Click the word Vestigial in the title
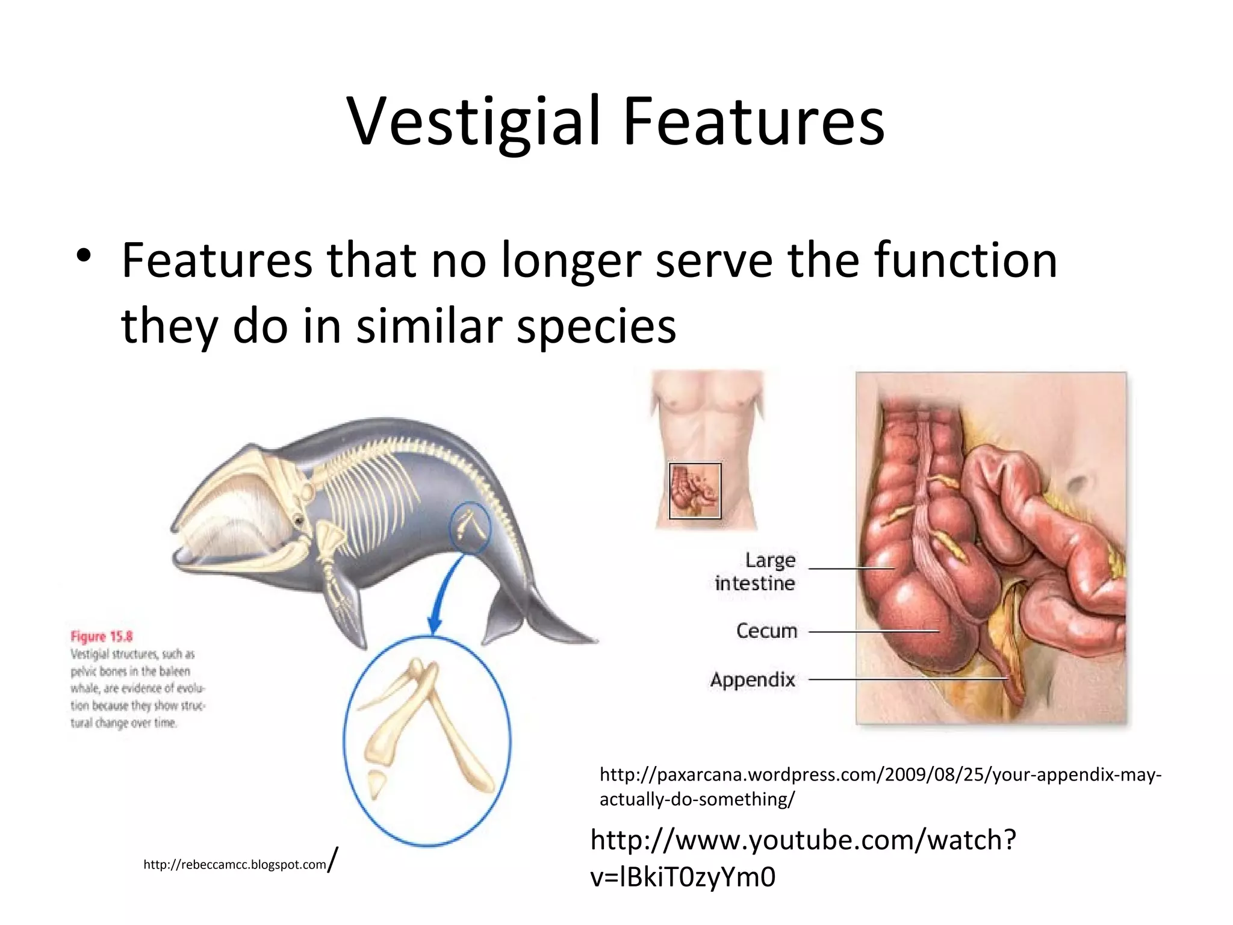click(x=473, y=122)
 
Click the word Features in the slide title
click(x=753, y=122)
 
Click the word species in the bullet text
click(x=596, y=326)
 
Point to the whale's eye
click(x=297, y=519)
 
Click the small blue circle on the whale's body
click(x=470, y=528)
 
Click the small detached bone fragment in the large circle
click(x=376, y=782)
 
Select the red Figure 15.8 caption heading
click(x=102, y=637)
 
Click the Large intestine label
click(x=756, y=572)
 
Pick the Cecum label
click(x=766, y=631)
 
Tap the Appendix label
click(x=753, y=680)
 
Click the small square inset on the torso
click(x=695, y=491)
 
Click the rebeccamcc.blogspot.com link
click(x=235, y=865)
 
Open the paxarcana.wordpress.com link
click(x=879, y=786)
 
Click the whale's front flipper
click(x=349, y=608)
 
